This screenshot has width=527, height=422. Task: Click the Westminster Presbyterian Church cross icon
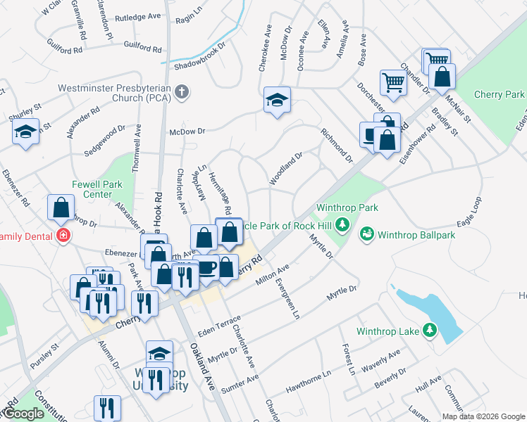pos(182,91)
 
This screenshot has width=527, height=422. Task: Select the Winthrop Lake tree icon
pos(429,330)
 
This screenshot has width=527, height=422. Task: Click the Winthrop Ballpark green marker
pos(366,233)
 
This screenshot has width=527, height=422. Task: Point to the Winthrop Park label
pos(347,207)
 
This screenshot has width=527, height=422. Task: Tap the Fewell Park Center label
pos(97,189)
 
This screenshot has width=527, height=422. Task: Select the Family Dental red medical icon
pos(63,235)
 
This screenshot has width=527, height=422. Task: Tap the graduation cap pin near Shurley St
pos(26,132)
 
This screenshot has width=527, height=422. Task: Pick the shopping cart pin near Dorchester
pos(392,82)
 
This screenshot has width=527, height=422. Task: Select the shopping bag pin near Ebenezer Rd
pos(61,207)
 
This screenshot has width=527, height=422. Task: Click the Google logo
pos(23,414)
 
